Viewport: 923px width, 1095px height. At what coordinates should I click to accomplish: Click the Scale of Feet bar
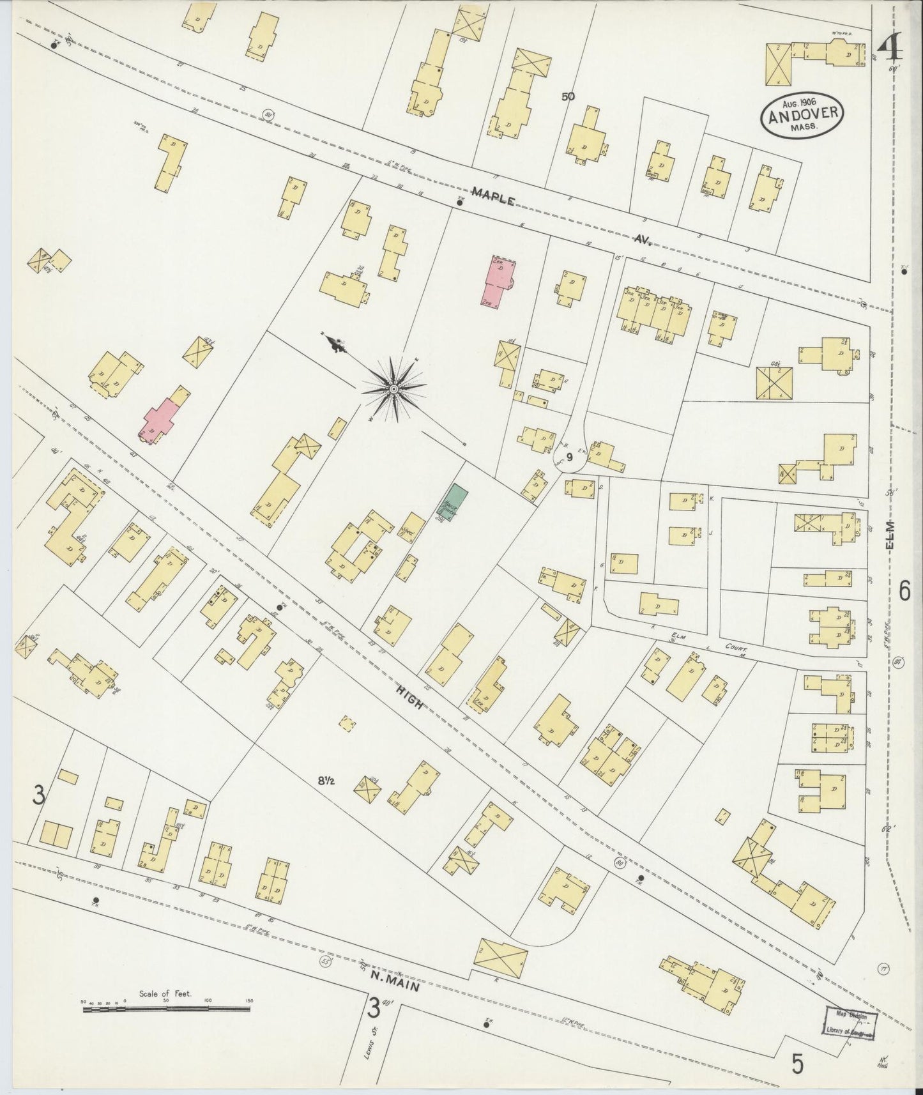click(x=165, y=1008)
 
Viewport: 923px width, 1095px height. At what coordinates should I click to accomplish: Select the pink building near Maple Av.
click(x=501, y=280)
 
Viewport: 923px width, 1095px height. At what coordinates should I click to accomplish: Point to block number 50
click(x=567, y=97)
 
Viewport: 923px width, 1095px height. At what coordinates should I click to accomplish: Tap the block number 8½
click(x=326, y=779)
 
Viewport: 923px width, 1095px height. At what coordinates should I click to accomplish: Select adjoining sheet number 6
click(x=904, y=593)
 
